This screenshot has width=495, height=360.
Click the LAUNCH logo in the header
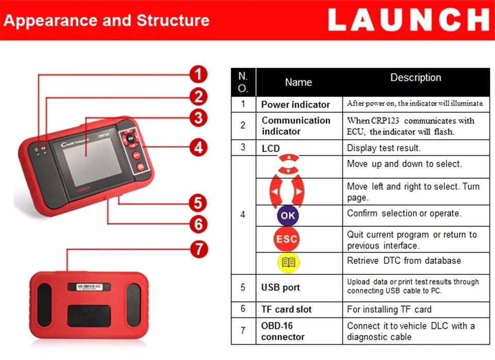[x=408, y=21]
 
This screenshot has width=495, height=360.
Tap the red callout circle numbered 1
[x=198, y=74]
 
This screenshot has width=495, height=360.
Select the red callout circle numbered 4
[x=198, y=148]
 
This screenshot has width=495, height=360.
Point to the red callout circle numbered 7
[x=198, y=249]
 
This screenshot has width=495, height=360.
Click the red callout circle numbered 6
[x=198, y=224]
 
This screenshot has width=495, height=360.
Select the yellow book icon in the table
[x=287, y=263]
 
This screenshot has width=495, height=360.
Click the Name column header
[x=299, y=82]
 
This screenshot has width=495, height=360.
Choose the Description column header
[x=416, y=78]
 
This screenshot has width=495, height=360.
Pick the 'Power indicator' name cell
[x=295, y=104]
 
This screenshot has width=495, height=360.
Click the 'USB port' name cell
[x=280, y=288]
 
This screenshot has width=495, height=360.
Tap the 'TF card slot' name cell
[x=286, y=309]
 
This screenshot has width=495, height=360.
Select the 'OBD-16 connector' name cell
[x=283, y=331]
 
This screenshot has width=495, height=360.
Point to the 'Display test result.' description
[x=384, y=148]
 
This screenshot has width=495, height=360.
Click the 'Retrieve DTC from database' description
[x=404, y=260]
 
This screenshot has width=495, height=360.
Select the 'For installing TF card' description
[x=389, y=309]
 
